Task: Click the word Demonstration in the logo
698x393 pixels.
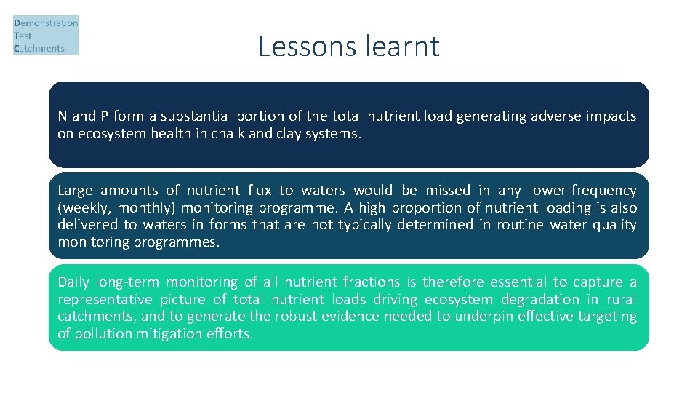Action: [46, 23]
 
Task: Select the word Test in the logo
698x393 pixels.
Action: [23, 36]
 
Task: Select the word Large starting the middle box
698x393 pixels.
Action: [76, 191]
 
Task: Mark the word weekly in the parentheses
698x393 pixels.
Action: [81, 208]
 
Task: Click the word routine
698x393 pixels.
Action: [518, 225]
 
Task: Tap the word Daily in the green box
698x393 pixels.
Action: [73, 282]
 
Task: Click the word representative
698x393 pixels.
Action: [105, 299]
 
